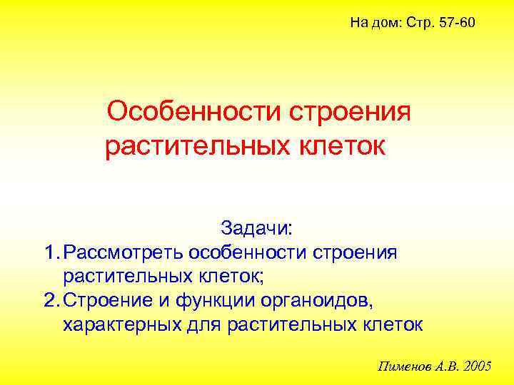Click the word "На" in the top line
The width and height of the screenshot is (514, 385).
[358, 24]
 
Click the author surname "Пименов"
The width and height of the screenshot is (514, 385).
[403, 366]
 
